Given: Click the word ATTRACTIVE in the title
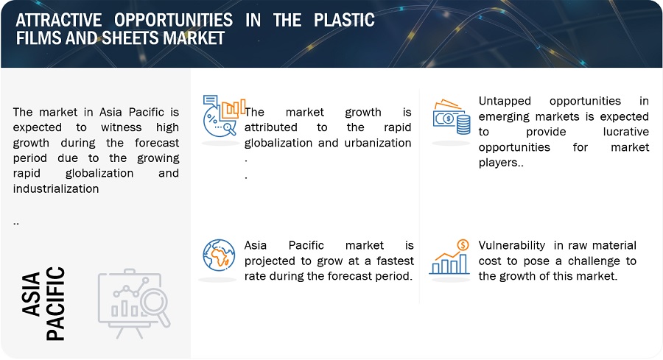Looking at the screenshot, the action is click(59, 20).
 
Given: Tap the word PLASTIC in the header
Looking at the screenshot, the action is click(344, 20).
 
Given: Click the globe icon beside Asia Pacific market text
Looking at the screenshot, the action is click(219, 255).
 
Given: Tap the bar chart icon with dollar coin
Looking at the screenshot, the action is click(449, 257).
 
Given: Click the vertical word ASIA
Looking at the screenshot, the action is click(31, 294).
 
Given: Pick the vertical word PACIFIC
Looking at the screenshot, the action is click(55, 303).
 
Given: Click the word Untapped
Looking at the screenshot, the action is click(505, 101).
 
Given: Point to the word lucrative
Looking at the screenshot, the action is click(625, 132).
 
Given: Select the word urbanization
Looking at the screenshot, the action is click(378, 143).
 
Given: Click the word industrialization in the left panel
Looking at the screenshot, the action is click(56, 188).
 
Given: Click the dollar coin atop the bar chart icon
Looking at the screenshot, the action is click(463, 244).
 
